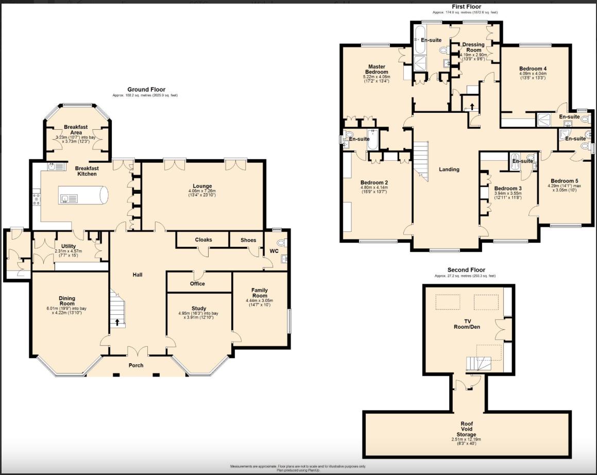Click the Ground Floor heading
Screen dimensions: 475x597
(146, 90)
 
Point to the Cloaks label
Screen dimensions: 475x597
(203, 240)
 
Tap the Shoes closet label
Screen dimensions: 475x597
(249, 240)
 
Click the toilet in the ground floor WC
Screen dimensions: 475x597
(281, 243)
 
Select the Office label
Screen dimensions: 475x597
(197, 283)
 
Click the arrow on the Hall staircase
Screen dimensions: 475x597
(117, 323)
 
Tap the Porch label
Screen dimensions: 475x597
(136, 365)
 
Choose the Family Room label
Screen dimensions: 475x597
(260, 293)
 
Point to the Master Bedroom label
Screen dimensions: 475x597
(377, 69)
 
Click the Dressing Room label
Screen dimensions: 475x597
(473, 47)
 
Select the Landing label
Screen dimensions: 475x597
(449, 169)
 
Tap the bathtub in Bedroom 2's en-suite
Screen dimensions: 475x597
(373, 140)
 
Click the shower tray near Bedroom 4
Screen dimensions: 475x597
(544, 120)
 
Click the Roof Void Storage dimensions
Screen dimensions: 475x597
(466, 442)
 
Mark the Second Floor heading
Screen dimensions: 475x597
(466, 270)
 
